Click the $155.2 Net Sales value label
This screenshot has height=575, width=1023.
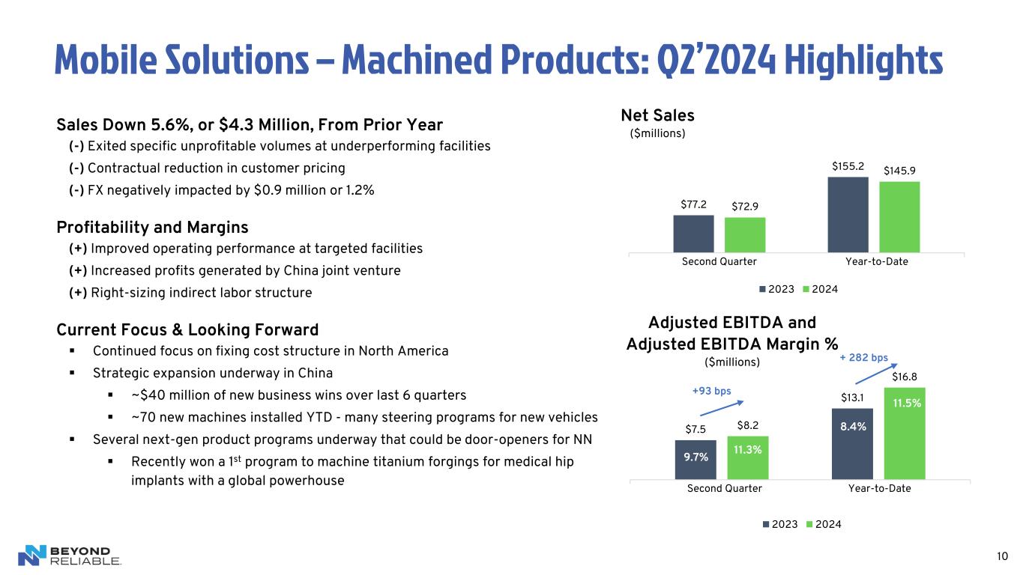pos(847,165)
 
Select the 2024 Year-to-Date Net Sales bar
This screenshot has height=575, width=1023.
pos(899,216)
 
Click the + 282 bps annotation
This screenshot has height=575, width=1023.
pos(863,358)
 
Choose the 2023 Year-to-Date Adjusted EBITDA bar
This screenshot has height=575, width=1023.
pos(852,443)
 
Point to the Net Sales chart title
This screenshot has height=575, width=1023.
pos(657,115)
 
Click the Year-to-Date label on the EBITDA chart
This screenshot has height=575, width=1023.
pos(879,488)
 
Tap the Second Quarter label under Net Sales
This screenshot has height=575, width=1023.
pos(719,261)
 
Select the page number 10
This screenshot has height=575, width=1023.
pos(1002,556)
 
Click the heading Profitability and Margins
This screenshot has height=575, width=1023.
pos(152,227)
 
